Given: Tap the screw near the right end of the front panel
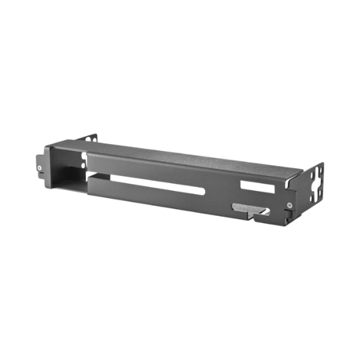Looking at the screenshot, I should [x=290, y=204].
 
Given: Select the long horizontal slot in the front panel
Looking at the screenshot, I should [x=160, y=186].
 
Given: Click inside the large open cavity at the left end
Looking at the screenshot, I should [x=67, y=167].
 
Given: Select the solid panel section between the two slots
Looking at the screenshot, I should [x=229, y=188].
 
